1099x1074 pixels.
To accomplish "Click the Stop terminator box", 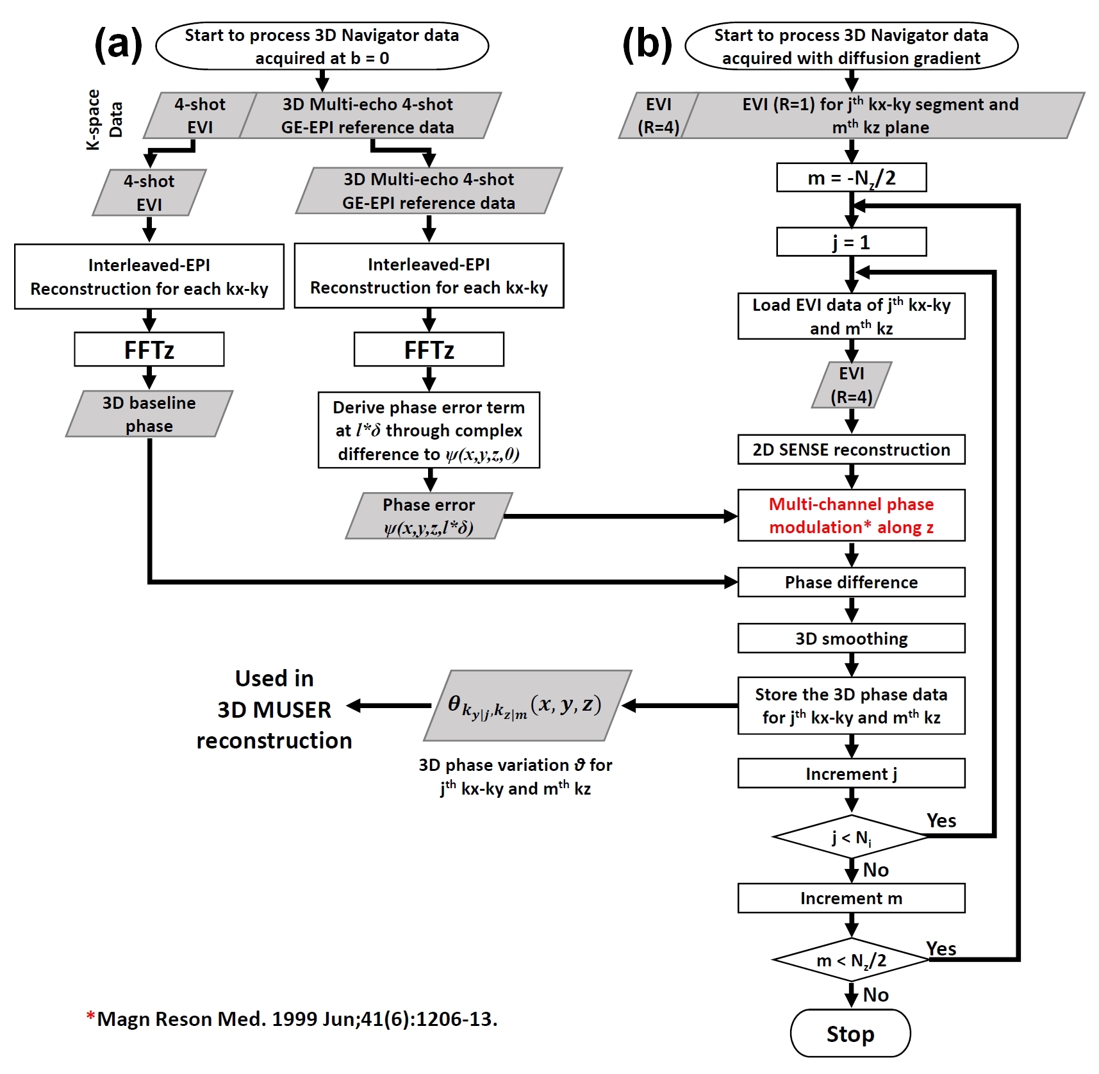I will pos(850,1033).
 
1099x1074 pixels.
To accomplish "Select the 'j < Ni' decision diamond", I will pos(851,836).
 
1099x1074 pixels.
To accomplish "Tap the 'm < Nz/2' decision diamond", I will pos(851,959).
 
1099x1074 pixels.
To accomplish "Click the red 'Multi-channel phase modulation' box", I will pos(851,515).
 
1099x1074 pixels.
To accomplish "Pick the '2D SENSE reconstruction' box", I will pos(851,449).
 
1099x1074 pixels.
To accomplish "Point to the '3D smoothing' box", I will pos(851,638).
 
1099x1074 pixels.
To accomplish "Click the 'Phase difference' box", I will pos(851,582).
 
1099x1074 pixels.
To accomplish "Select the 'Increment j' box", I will pos(851,773).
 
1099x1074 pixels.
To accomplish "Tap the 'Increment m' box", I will pos(851,898).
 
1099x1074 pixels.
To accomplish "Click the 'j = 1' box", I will pos(851,242).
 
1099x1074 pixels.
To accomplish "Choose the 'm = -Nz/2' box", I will pos(851,178).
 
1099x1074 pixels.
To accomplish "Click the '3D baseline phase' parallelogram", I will pos(149,414).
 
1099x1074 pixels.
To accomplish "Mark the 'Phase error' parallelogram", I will pos(429,516).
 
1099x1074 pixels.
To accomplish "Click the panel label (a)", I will pos(119,45).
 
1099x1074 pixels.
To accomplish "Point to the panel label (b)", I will pos(647,45).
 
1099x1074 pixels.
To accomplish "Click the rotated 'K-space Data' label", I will pos(104,120).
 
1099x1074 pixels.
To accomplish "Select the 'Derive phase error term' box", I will pos(429,430).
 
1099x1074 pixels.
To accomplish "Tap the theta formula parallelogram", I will pos(527,706).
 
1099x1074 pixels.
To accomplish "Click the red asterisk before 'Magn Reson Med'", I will pos(91,1016).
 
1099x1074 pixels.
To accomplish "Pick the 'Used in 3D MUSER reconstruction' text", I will pos(274,709).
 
